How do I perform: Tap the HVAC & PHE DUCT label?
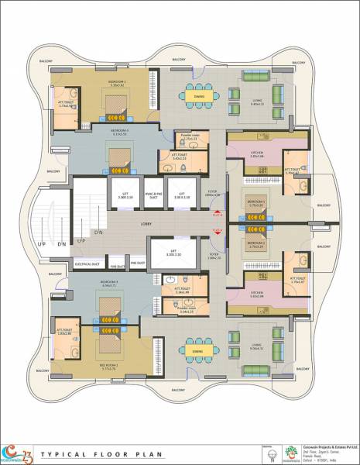[x=153, y=196]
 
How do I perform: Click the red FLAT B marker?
[x=216, y=230]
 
